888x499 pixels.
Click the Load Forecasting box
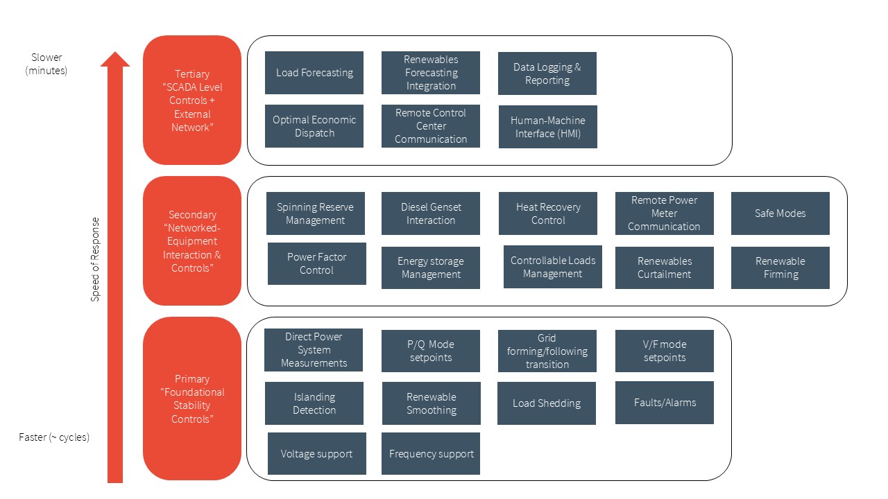pos(314,73)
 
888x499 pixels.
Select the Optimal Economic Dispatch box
pos(314,126)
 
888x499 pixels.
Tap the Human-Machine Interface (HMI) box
pos(547,127)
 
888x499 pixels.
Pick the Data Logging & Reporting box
pos(547,73)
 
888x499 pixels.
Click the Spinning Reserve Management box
pos(315,213)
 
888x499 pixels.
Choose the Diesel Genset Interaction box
pos(430,213)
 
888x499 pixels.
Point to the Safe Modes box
pos(780,213)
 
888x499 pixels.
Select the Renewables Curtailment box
pos(664,268)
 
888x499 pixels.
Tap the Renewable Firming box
pos(780,268)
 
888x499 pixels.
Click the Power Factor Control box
pos(316,263)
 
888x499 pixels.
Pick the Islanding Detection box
pos(314,403)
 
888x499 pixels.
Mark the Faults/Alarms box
pos(664,403)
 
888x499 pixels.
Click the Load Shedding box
pos(546,403)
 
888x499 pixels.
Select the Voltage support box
pos(316,454)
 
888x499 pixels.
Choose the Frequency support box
pos(430,454)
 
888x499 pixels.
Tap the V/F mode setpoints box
pos(664,351)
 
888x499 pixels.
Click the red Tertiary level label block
pos(191,100)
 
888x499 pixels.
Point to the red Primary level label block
pos(191,399)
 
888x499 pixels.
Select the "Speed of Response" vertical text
pos(95,260)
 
